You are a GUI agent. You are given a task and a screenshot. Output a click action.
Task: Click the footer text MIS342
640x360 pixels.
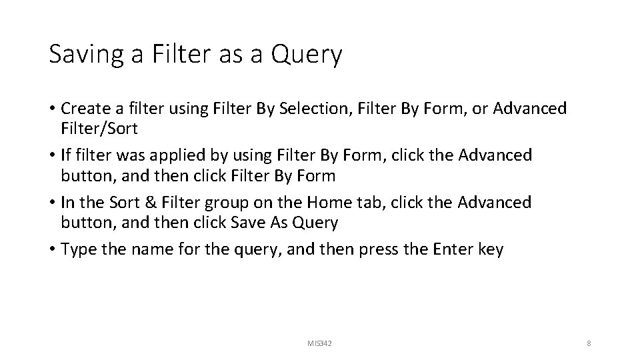point(319,343)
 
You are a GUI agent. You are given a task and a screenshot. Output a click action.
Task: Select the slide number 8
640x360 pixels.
point(589,343)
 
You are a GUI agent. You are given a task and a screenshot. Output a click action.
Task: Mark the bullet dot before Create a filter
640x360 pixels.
point(53,109)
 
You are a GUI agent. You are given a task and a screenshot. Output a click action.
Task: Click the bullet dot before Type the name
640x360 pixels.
point(53,250)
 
